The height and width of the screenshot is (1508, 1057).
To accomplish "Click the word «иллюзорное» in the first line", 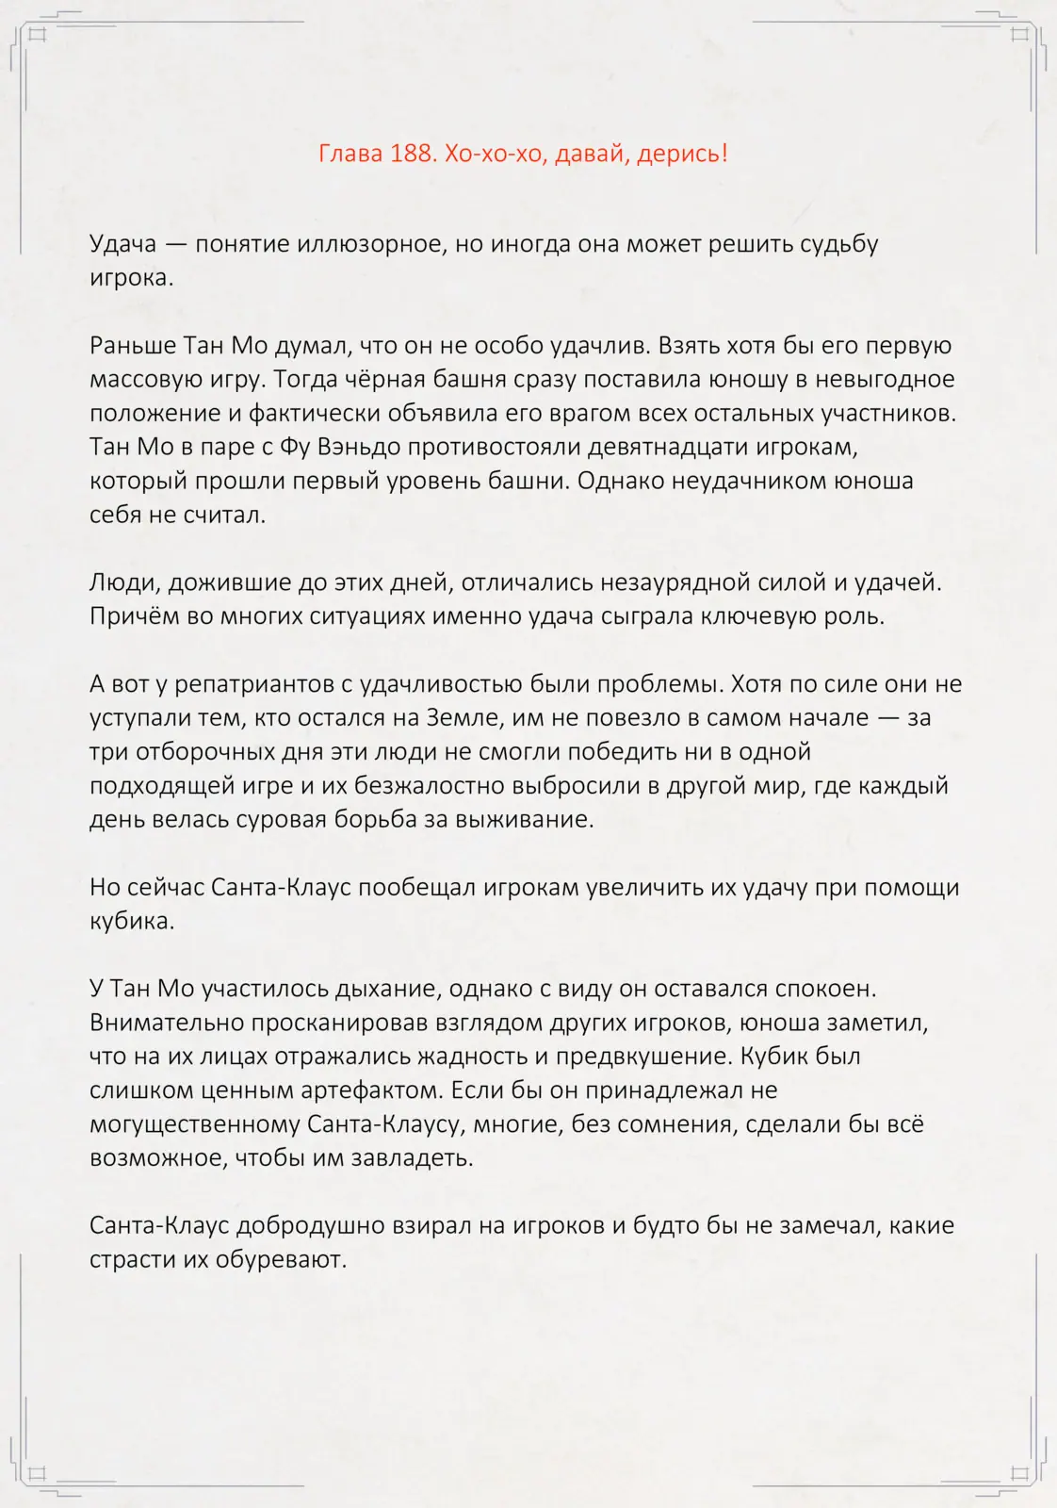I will point(369,243).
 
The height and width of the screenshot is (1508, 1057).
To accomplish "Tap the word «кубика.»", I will point(132,922).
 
